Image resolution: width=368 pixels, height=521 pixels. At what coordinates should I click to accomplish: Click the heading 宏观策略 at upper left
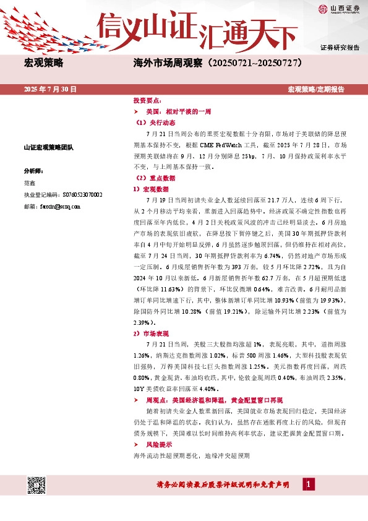(x=43, y=63)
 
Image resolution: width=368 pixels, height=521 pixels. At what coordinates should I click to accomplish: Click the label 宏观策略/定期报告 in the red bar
(x=316, y=90)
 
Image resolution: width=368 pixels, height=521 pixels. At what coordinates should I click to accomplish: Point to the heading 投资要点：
(x=147, y=100)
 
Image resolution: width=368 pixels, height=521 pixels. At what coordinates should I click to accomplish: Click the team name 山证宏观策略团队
(x=48, y=147)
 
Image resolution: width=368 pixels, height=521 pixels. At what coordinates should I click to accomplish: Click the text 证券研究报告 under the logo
(x=340, y=47)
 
